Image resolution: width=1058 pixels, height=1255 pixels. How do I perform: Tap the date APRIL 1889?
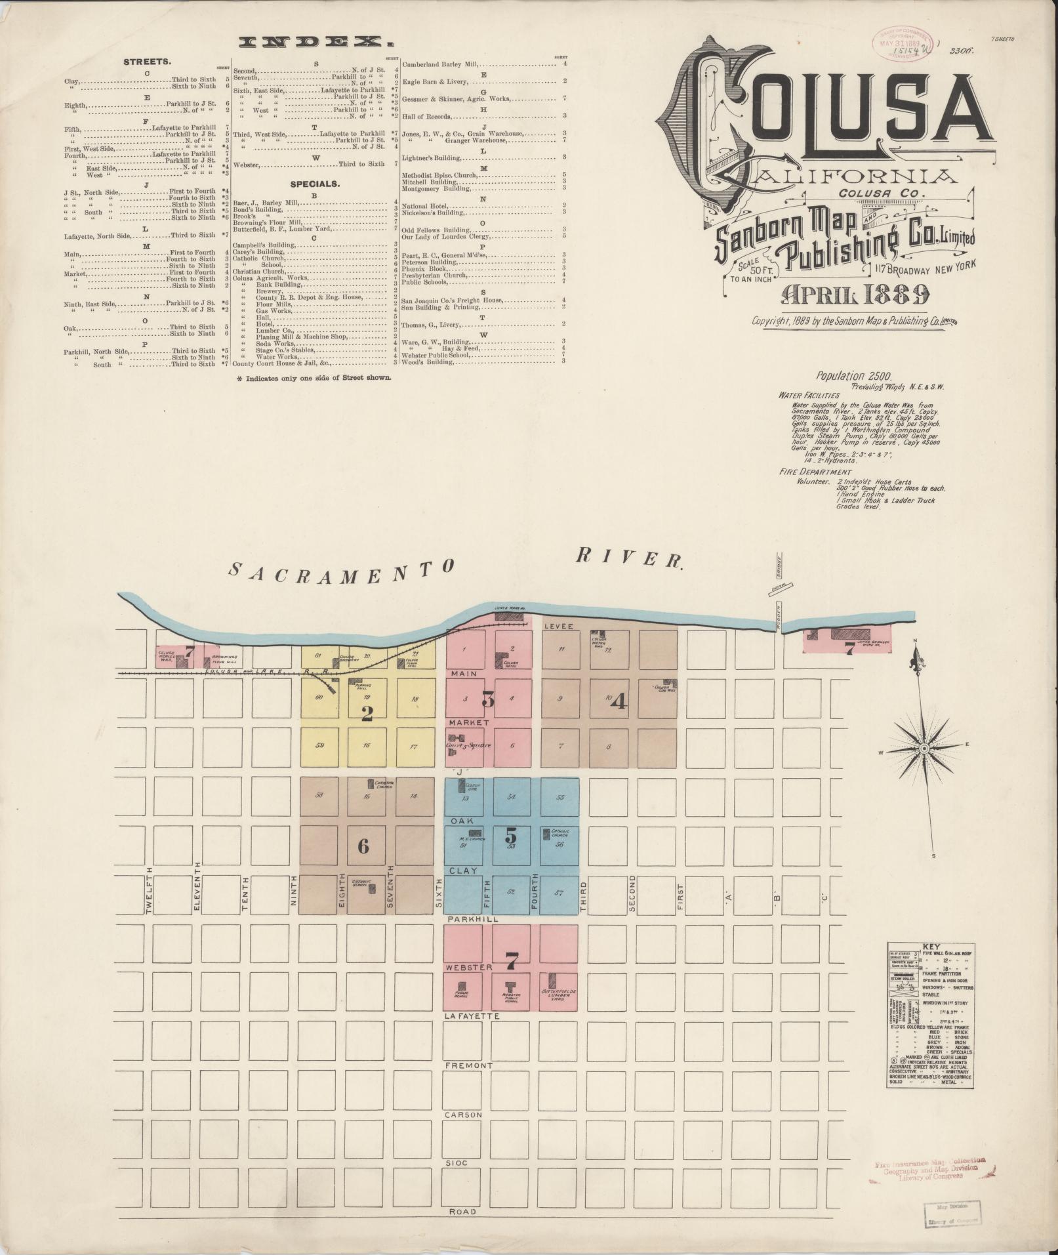854,296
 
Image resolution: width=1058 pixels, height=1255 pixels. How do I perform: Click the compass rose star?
924,749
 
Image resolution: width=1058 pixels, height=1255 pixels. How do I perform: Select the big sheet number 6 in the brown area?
363,846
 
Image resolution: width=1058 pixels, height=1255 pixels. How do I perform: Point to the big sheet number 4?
619,702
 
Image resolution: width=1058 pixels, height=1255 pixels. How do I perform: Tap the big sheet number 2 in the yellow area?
367,713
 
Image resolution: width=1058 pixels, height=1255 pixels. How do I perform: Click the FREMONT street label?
468,1065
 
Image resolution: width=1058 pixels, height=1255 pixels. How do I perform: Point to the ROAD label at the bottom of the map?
462,1212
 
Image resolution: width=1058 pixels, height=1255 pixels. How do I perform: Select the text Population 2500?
853,377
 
